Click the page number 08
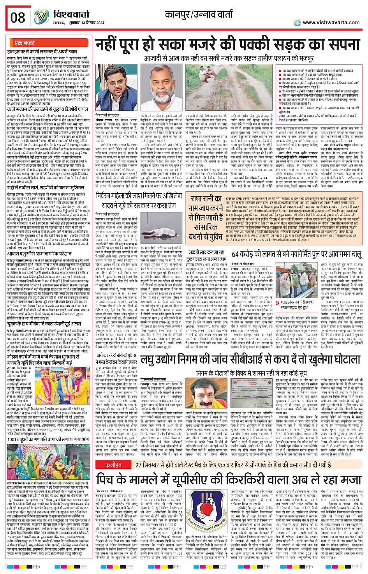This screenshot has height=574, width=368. [x=18, y=17]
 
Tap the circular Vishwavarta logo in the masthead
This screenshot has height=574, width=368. [x=41, y=17]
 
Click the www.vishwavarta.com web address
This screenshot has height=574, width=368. [x=331, y=22]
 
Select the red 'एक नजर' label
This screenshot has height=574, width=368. [x=24, y=42]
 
